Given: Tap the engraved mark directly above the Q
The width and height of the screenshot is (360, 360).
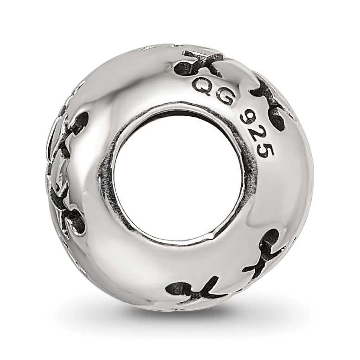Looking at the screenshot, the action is (x=197, y=62).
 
